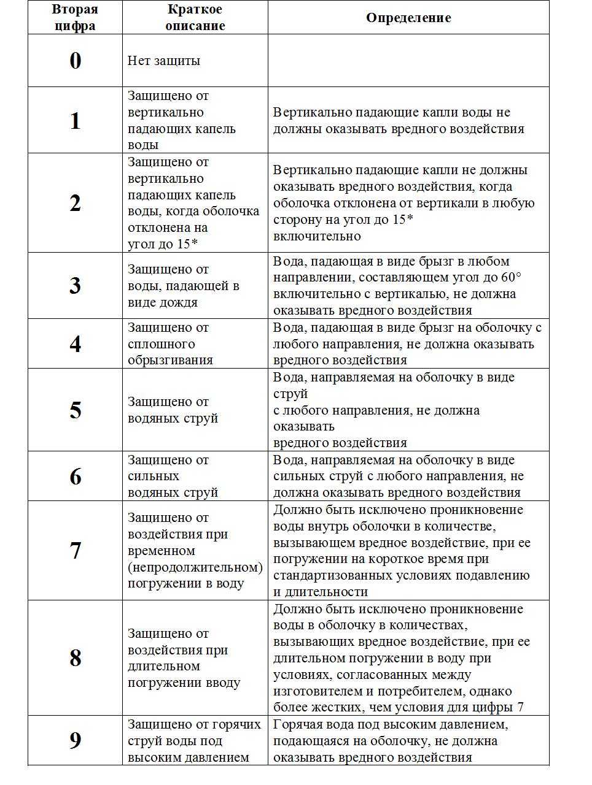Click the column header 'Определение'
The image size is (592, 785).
(408, 18)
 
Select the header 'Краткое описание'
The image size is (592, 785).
(195, 18)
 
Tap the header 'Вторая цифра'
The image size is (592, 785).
(75, 18)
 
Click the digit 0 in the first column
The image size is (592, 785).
(75, 61)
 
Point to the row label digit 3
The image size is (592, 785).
(75, 286)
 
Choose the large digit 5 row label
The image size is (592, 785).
(75, 410)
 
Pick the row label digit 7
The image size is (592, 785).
(75, 551)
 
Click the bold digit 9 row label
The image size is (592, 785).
(75, 741)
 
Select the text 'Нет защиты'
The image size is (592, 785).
(164, 61)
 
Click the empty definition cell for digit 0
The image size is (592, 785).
(408, 61)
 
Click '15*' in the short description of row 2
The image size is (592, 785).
(187, 243)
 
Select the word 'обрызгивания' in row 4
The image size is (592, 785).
(170, 360)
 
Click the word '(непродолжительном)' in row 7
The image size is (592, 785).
(195, 567)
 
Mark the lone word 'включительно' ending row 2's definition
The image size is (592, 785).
(317, 236)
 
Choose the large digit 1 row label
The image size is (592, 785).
(75, 121)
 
